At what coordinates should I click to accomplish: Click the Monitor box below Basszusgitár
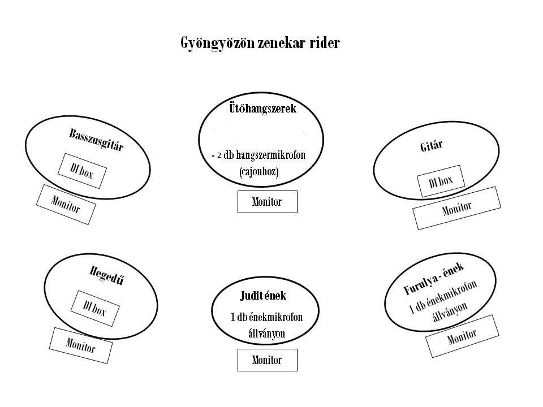click(66, 204)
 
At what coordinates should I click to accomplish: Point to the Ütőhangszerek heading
click(262, 109)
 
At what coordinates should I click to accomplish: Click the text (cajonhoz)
click(259, 171)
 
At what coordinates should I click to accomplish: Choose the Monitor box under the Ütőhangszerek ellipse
click(267, 202)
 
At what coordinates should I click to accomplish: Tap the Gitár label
click(431, 146)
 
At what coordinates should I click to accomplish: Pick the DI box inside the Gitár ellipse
click(441, 181)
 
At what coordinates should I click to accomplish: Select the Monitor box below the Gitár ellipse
click(456, 208)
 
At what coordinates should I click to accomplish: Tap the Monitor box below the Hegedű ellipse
click(80, 345)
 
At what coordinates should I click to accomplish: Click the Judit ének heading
click(263, 295)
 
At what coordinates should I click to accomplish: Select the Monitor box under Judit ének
click(267, 360)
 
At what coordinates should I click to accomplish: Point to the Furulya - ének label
click(434, 278)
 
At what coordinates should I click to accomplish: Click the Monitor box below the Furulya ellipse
click(462, 336)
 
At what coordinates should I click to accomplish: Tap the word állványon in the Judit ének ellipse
click(267, 333)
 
